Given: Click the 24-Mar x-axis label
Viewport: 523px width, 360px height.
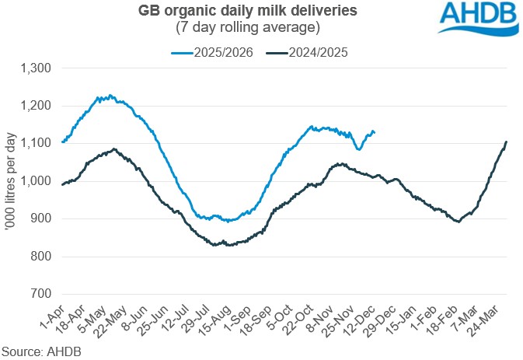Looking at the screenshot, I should (x=492, y=316).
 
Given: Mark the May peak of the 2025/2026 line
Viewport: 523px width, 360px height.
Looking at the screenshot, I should (x=110, y=96).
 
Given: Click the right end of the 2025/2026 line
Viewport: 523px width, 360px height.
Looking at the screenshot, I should (x=374, y=132).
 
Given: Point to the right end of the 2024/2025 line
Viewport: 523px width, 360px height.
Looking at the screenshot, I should (x=507, y=142).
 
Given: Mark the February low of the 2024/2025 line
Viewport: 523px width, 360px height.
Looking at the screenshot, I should (x=458, y=222).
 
